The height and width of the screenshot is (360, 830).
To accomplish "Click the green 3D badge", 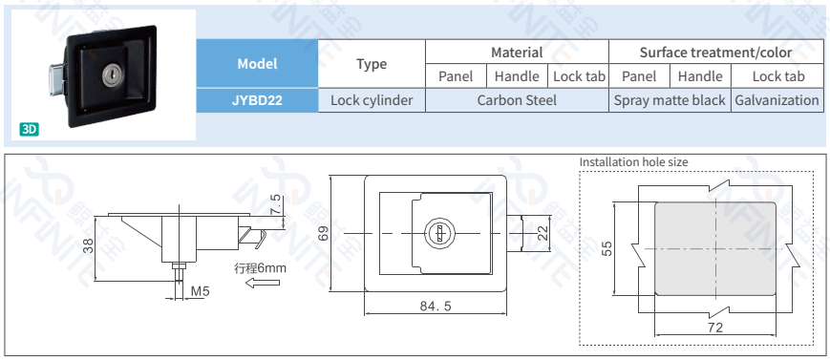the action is [29, 129].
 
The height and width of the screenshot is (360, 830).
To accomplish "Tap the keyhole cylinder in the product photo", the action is [111, 75].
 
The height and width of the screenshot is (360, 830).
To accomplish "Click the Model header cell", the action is [257, 64].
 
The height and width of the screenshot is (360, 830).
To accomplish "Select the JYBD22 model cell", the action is [257, 100].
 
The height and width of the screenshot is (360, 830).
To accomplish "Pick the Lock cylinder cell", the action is [372, 100].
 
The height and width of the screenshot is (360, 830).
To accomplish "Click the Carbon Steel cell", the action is [517, 100].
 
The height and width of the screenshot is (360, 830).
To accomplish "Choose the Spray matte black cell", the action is [670, 100].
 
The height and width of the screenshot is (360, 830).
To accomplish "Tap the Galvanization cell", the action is [777, 100].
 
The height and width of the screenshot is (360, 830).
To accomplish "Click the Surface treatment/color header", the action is [715, 53].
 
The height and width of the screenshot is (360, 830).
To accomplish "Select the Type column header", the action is [372, 64].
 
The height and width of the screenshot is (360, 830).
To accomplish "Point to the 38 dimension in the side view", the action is [89, 246].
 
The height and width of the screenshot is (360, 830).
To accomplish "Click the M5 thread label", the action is [200, 290].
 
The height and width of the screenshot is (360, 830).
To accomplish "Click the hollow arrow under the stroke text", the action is [263, 284].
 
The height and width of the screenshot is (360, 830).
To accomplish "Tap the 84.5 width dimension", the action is [436, 306].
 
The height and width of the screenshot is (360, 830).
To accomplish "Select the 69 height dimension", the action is [324, 233].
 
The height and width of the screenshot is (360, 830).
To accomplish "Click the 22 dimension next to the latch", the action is [543, 233].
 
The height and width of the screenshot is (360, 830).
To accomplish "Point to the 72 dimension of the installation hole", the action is [715, 328].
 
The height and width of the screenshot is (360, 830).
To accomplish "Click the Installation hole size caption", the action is [633, 162].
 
